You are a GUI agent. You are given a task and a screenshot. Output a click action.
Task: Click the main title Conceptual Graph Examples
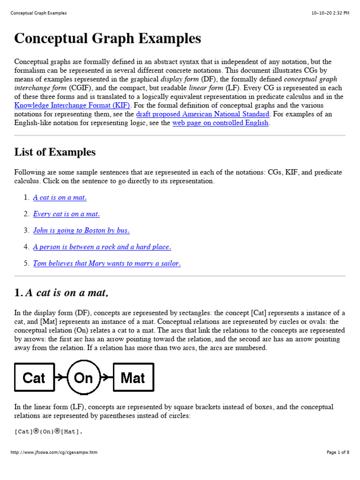coord(107,38)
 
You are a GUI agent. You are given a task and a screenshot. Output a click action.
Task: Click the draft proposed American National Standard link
coord(202,114)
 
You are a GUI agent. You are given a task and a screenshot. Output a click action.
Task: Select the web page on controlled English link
coord(220,123)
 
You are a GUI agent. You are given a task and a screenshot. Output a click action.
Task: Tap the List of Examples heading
coord(55,152)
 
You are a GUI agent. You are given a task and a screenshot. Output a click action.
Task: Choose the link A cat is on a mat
coord(60,198)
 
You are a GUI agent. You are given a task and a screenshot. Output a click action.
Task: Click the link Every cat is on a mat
coord(66,214)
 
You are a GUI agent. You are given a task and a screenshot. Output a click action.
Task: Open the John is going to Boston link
coord(81,231)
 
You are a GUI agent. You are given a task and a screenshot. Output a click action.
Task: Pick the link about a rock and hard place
coord(102,247)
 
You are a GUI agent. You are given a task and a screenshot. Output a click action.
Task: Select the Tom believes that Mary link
coord(106,263)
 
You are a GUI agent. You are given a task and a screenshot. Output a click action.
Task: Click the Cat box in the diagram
coord(34,377)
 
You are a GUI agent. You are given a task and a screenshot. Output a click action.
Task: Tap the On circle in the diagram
coord(83,377)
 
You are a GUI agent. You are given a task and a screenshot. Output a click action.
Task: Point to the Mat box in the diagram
coord(133,377)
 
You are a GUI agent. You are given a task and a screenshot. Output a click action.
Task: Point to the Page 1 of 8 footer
coord(337,452)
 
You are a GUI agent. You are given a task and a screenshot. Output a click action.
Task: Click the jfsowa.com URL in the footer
coord(54,452)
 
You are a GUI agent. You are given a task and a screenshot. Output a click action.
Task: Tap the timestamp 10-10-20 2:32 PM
coord(330,13)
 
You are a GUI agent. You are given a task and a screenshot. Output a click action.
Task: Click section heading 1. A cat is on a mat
coord(61,293)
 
